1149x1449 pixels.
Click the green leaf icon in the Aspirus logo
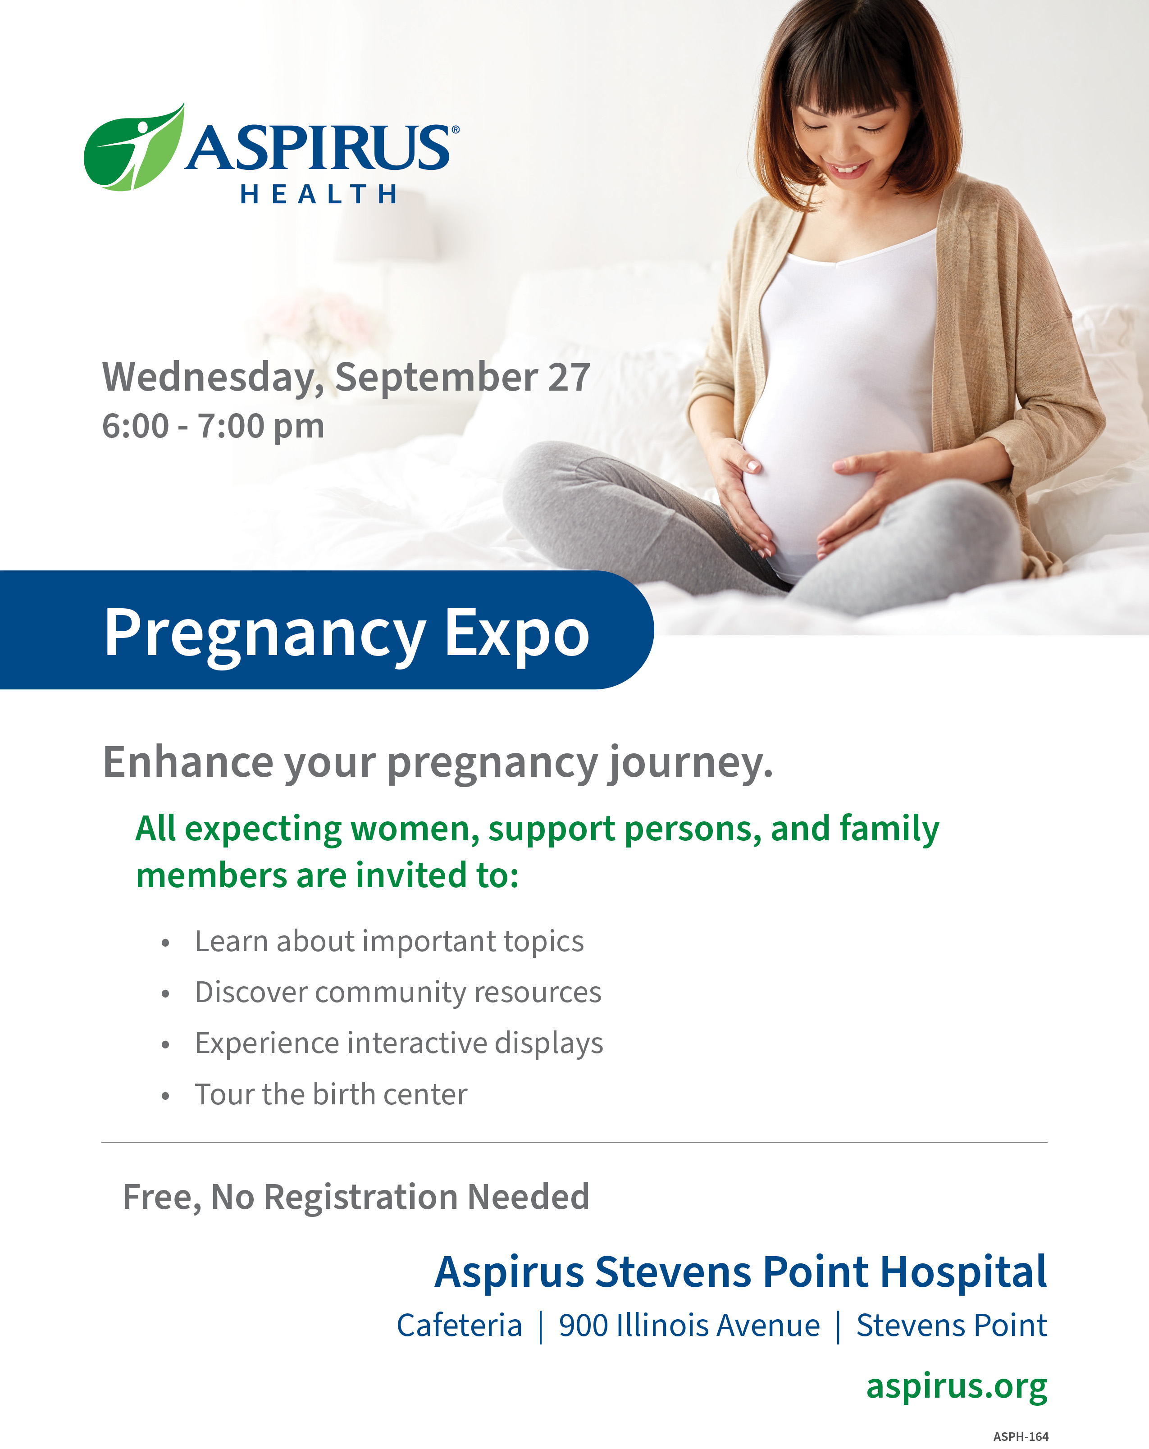click(132, 149)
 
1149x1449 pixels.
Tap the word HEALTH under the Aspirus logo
click(319, 194)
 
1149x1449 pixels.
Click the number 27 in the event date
click(569, 377)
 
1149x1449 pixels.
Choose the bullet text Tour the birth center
click(331, 1095)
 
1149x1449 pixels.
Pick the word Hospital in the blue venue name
click(963, 1272)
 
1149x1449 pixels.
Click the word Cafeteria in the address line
click(459, 1326)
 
